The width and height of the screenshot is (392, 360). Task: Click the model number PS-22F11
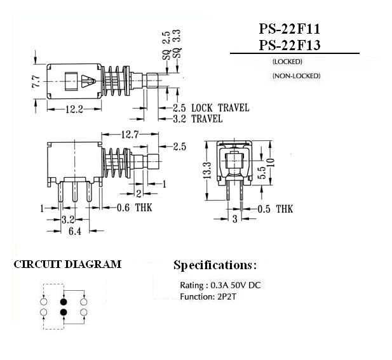(289, 29)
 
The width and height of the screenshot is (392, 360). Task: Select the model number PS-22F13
(290, 45)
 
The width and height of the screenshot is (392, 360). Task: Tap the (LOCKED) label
(287, 62)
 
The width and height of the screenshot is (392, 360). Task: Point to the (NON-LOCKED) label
(296, 76)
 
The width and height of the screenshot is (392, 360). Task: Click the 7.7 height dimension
(36, 81)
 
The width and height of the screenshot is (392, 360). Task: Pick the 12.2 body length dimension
(74, 109)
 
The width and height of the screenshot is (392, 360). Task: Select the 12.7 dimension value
(130, 135)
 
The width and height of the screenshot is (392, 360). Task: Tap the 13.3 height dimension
(207, 170)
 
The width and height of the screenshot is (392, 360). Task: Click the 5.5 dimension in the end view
(262, 172)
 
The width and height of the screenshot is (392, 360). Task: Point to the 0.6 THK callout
(135, 208)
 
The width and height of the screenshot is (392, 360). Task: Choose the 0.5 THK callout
(275, 209)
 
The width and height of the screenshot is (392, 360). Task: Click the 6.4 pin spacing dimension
(75, 231)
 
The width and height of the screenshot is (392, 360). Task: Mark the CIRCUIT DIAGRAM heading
(67, 264)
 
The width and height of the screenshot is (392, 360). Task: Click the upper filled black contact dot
(64, 302)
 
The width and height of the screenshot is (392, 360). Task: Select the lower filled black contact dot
(64, 312)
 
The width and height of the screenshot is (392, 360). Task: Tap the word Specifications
(213, 265)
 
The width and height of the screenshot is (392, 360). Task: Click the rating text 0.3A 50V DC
(236, 285)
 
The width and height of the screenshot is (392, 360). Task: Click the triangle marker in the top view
(88, 81)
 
